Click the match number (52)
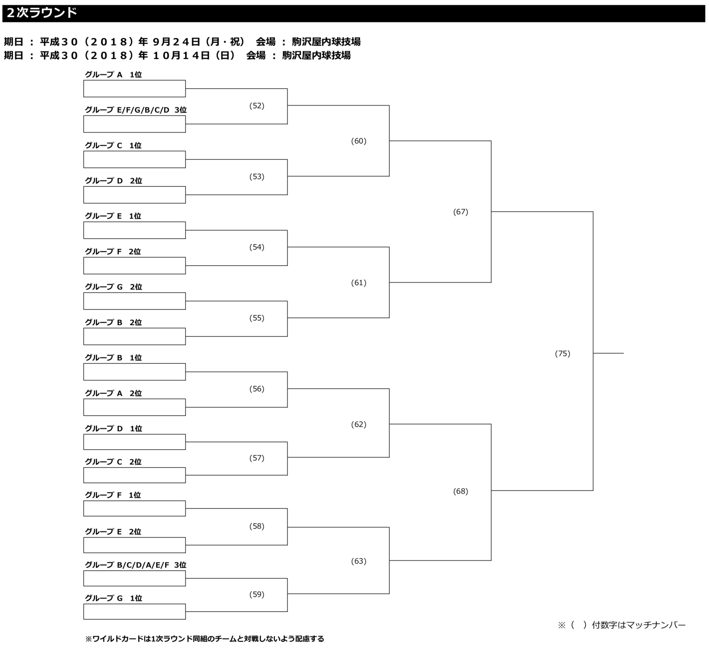(x=256, y=106)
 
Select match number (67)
(x=460, y=212)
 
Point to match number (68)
(x=460, y=491)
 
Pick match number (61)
(x=358, y=283)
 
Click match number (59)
(x=256, y=594)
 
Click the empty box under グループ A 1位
(x=134, y=88)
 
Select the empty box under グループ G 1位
(x=134, y=611)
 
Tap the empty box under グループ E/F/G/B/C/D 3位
(x=134, y=124)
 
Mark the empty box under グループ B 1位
(x=134, y=372)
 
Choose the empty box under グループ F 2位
(x=134, y=265)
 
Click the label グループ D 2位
(x=113, y=181)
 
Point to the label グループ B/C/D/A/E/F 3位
(x=135, y=565)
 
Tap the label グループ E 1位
(x=113, y=216)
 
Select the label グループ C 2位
(x=113, y=462)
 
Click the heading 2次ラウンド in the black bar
(x=42, y=13)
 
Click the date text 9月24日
(x=177, y=42)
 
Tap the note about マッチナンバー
(x=622, y=625)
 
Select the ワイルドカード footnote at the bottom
(x=205, y=639)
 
